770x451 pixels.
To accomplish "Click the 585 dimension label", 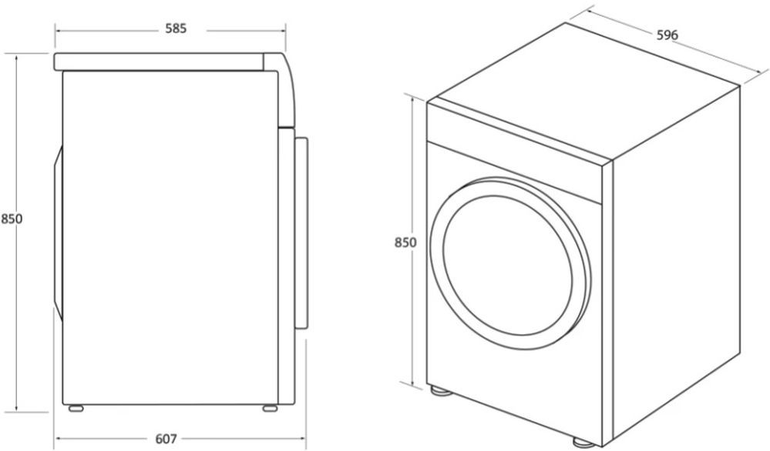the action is click(x=176, y=29).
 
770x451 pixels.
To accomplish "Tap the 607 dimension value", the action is click(x=166, y=439).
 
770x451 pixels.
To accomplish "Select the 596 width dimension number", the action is click(x=667, y=35).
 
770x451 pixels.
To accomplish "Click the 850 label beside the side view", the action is click(x=12, y=219).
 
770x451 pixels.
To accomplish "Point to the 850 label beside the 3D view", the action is click(x=405, y=242).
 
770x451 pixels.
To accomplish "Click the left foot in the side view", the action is click(x=76, y=408).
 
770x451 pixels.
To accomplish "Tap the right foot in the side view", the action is click(x=270, y=408).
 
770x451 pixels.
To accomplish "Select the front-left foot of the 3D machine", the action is click(x=440, y=391).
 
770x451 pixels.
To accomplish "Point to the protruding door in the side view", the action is click(x=301, y=233).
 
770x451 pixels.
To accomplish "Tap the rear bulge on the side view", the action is click(x=59, y=233).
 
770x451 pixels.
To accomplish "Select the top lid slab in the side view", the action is click(x=159, y=62).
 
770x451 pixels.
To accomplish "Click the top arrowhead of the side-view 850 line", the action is click(x=17, y=58).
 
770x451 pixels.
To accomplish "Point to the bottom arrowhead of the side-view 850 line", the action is click(x=17, y=407).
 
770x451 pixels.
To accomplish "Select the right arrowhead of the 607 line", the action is click(x=301, y=438).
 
